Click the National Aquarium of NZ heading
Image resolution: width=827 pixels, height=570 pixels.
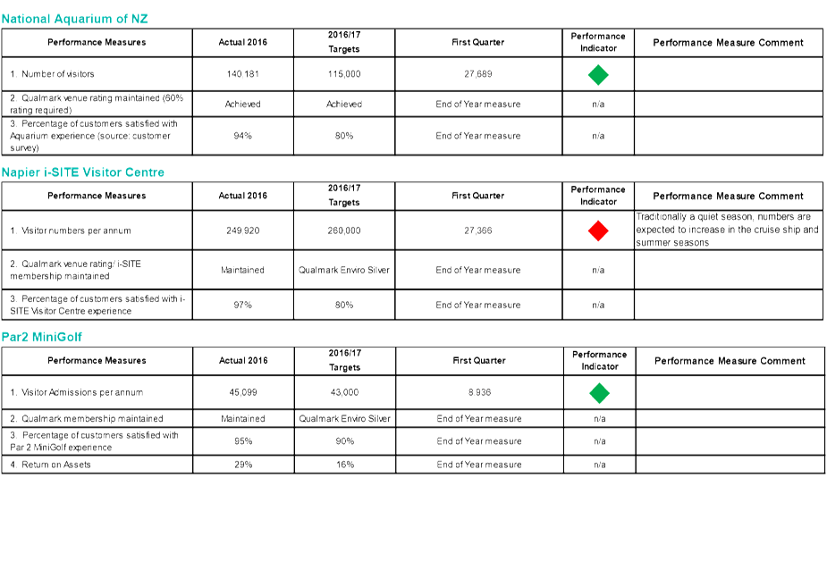point(74,19)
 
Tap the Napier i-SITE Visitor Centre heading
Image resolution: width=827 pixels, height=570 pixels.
point(83,172)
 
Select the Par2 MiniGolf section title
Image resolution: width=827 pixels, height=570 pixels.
point(42,337)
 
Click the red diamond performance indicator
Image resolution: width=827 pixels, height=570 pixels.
point(598,231)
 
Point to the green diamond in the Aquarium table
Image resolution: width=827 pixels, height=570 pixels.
point(598,74)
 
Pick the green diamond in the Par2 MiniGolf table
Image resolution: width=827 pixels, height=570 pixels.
point(599,393)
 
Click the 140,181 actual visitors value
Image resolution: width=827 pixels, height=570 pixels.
point(242,74)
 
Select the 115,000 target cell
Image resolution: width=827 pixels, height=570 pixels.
point(344,74)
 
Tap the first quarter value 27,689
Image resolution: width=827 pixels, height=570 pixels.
point(477,74)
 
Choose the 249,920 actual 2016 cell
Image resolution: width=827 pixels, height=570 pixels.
point(242,231)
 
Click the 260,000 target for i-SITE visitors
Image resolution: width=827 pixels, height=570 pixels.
point(344,231)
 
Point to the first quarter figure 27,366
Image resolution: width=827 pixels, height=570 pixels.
point(477,231)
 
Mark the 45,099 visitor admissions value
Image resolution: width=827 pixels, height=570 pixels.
point(243,392)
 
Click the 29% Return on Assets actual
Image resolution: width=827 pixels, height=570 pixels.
point(243,465)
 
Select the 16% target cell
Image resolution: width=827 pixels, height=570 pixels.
point(345,465)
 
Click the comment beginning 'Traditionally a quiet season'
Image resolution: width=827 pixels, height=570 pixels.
point(728,230)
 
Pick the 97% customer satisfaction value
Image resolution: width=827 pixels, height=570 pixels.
point(242,305)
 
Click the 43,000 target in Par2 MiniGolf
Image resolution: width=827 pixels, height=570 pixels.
point(344,392)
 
